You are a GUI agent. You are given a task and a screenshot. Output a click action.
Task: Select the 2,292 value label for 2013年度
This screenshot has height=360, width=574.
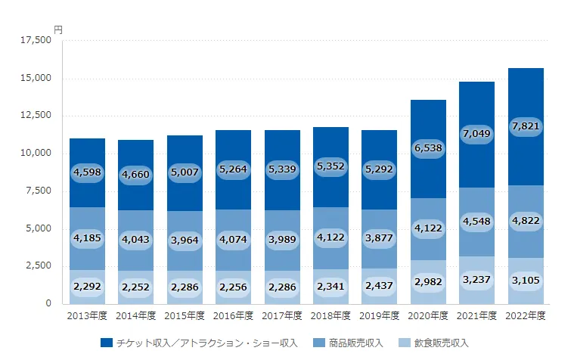86,287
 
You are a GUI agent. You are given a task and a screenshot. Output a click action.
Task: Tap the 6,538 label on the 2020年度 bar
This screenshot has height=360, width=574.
428,150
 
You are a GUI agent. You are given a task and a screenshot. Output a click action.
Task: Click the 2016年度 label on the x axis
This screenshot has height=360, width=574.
233,315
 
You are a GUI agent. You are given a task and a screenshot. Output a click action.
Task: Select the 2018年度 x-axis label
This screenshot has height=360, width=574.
330,315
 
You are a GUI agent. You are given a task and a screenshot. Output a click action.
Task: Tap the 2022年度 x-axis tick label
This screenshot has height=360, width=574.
526,315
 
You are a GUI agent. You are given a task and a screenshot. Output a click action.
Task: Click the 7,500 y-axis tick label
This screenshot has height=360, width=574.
39,191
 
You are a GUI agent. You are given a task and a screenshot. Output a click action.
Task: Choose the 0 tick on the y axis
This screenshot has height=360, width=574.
48,303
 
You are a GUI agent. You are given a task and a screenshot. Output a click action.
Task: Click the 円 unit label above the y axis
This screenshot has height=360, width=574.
58,29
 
